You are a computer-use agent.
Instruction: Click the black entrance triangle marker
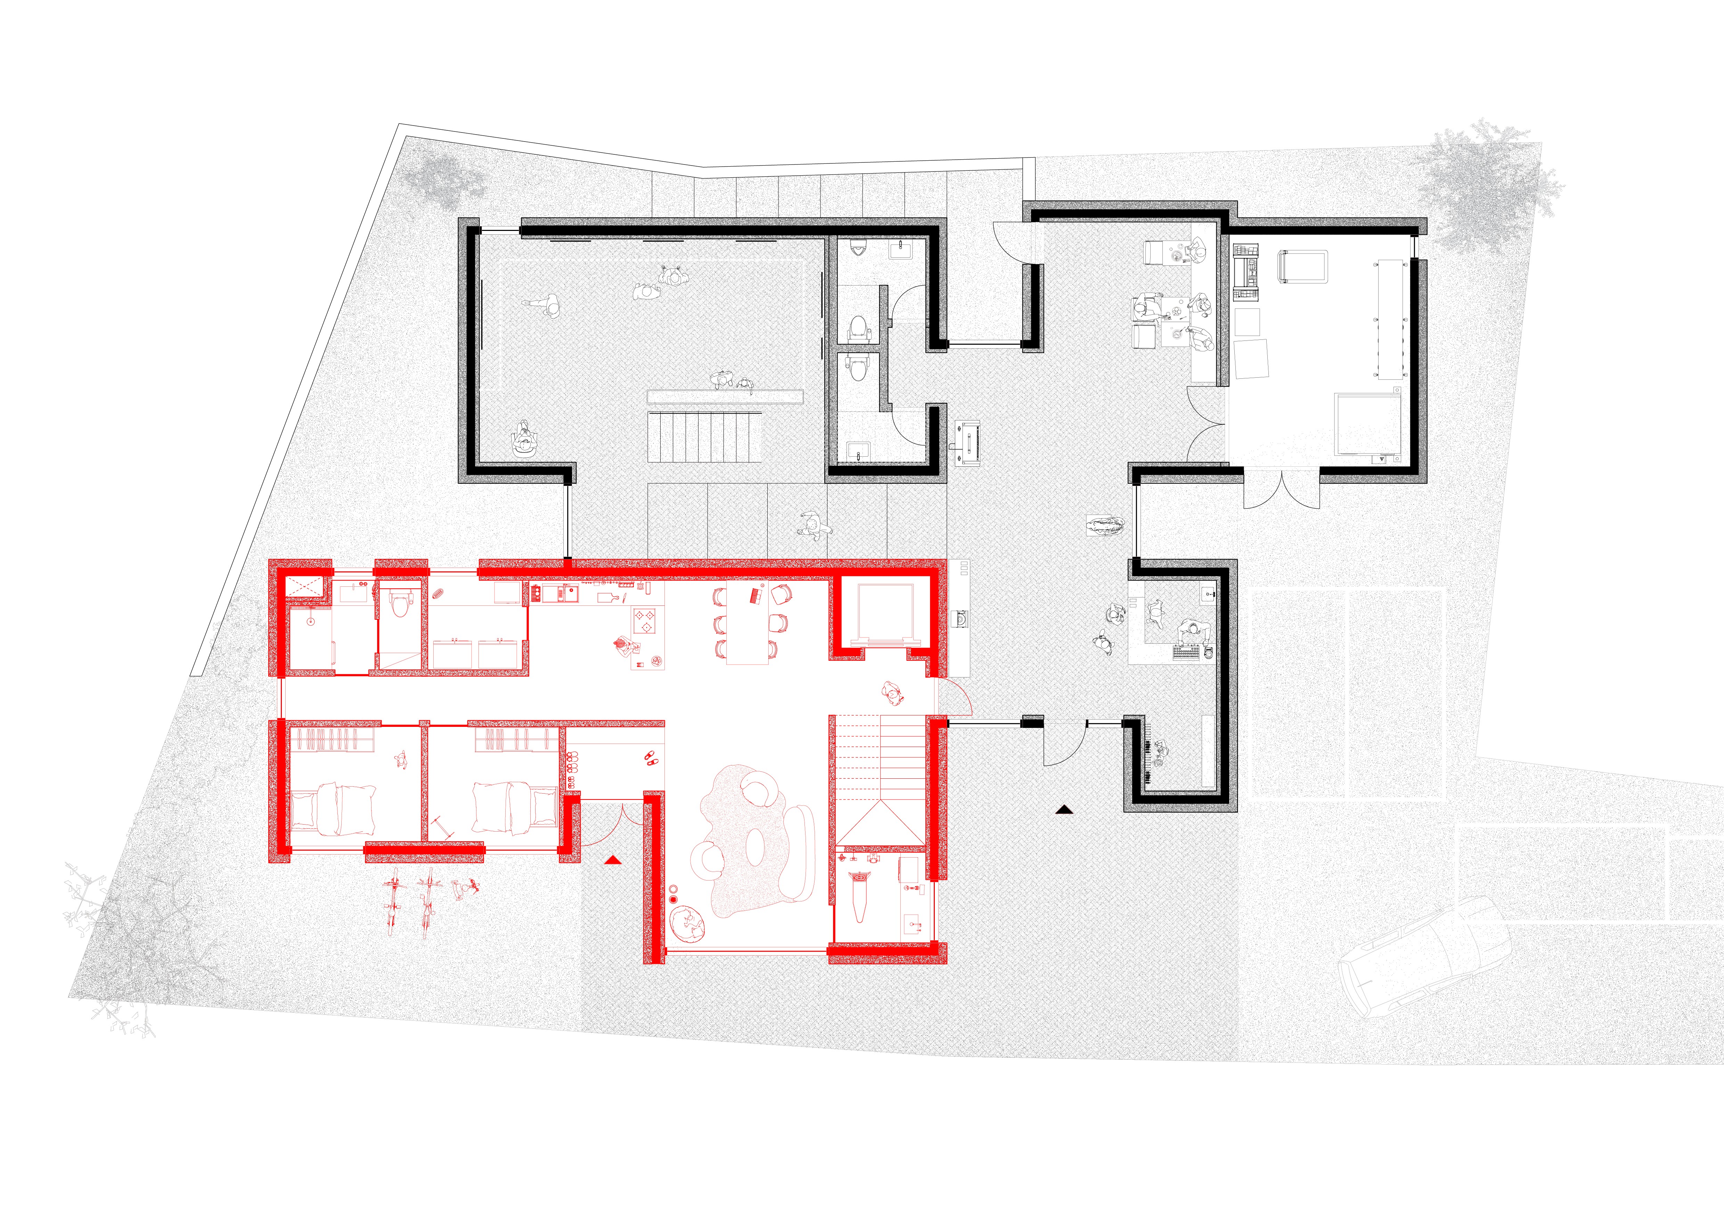tap(1064, 809)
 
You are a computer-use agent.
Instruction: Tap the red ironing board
tap(860, 894)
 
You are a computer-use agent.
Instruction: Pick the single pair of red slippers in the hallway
tap(649, 757)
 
